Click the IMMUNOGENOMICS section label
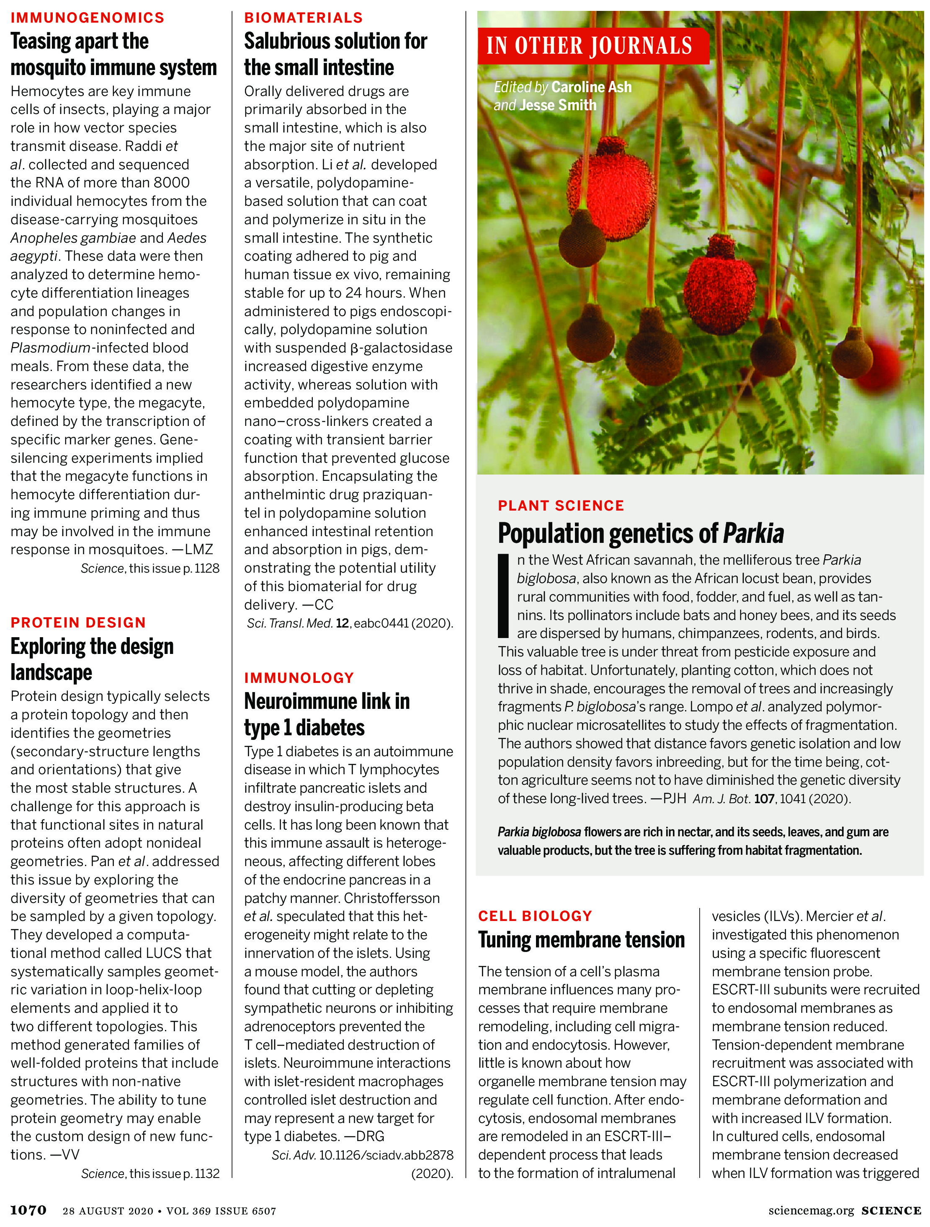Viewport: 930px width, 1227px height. click(87, 18)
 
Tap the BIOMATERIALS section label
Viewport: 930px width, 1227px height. click(303, 18)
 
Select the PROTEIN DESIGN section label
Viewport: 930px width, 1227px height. click(78, 623)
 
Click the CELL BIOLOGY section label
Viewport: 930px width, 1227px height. click(536, 916)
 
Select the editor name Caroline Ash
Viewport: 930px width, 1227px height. click(591, 87)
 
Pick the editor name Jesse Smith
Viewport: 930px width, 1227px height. click(558, 105)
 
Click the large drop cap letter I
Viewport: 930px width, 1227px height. click(503, 595)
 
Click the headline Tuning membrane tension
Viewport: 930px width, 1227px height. click(581, 940)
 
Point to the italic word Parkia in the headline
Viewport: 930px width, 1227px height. click(753, 533)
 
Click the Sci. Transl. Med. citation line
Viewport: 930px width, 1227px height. click(350, 623)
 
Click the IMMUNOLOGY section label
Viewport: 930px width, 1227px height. click(299, 678)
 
